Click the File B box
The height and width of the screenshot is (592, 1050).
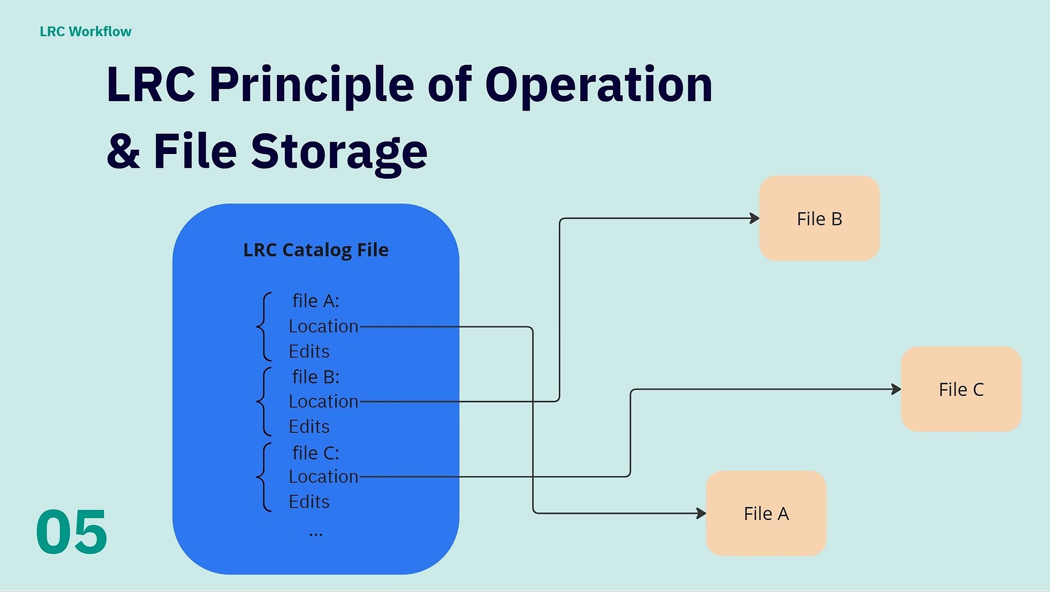819,218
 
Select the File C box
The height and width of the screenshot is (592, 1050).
961,389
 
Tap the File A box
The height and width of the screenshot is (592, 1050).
766,513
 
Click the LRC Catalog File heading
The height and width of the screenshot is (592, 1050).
316,250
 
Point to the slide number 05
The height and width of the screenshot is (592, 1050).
72,532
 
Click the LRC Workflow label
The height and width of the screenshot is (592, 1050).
85,32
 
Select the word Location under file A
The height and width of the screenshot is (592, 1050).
323,326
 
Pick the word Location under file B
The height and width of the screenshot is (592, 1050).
323,401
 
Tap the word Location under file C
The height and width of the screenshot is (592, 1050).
323,476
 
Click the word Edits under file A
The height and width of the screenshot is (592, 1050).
309,352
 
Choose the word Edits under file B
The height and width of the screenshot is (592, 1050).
309,427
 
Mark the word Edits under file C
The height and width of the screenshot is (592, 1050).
309,502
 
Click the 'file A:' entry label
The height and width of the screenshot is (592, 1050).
315,301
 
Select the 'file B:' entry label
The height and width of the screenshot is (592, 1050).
315,377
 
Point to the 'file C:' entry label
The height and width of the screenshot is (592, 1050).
315,453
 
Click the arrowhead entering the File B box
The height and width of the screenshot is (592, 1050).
755,218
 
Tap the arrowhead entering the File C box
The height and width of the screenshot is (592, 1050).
896,389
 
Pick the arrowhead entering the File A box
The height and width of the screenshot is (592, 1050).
701,513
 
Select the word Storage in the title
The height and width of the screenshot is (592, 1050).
339,152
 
